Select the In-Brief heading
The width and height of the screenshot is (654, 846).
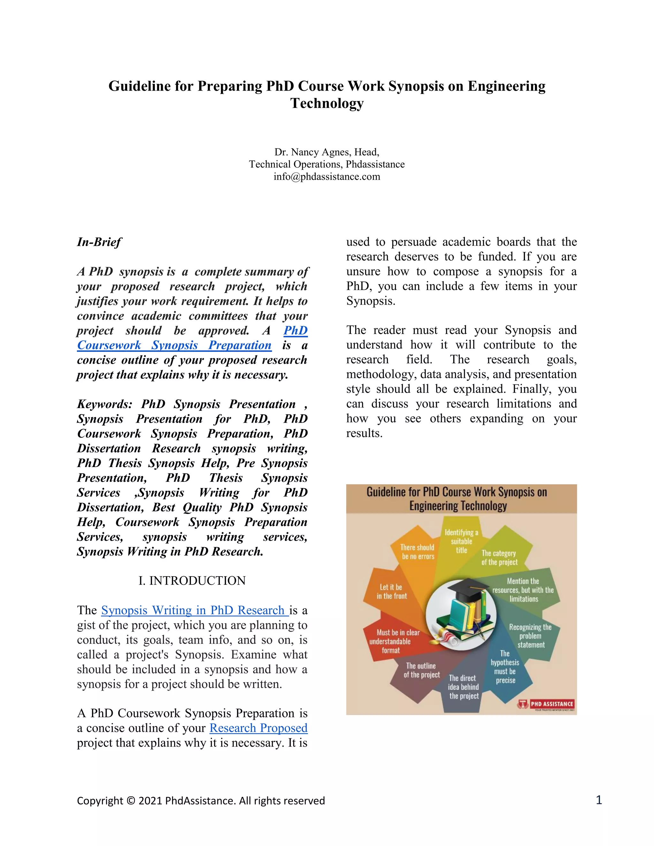99,242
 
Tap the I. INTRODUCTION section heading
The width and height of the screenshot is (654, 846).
192,581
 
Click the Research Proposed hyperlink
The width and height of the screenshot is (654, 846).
258,728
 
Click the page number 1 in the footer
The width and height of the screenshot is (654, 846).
599,800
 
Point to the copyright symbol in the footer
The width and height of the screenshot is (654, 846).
131,801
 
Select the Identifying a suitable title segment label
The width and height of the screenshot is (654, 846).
461,541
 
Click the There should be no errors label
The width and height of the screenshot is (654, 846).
418,552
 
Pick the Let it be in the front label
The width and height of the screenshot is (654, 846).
391,592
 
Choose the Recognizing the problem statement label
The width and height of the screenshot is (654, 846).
530,636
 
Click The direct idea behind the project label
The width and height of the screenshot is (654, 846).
463,687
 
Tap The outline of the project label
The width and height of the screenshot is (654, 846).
422,670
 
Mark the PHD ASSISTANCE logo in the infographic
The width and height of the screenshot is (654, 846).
547,704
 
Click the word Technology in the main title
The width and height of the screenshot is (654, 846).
327,103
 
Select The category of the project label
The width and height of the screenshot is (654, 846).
499,557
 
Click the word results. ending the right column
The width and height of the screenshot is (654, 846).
364,434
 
